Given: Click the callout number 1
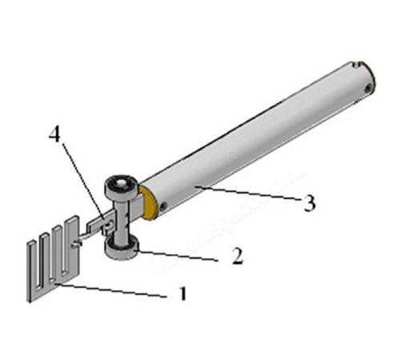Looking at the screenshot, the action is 182,294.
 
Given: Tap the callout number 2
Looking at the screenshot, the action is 238,256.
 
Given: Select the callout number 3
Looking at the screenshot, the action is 310,203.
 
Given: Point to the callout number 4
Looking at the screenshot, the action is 54,135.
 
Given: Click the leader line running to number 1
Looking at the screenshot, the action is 111,290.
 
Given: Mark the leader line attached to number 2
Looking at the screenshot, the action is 177,254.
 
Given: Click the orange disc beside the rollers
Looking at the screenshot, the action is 149,202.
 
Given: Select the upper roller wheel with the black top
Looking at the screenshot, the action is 122,187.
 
